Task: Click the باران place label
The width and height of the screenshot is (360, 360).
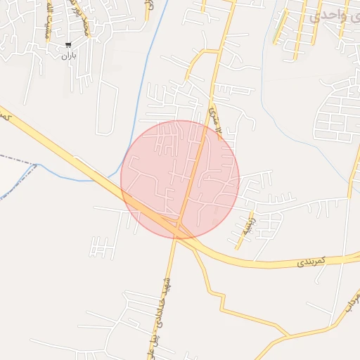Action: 67,55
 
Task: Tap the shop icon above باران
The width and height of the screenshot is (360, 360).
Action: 67,45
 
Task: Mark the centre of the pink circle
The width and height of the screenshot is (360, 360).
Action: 180,180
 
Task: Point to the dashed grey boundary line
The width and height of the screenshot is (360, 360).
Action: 18,161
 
